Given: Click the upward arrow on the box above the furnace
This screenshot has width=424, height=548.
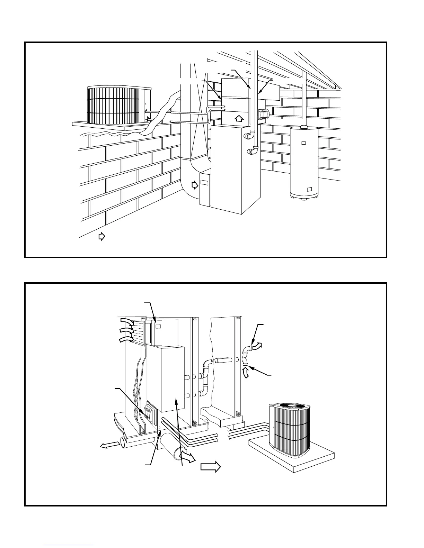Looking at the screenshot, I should point(238,119).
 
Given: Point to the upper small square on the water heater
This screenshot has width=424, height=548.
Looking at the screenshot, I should point(303,143).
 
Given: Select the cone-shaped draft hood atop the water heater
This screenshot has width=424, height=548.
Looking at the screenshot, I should point(304,127).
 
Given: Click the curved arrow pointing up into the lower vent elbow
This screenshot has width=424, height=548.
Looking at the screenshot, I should point(246,372).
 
